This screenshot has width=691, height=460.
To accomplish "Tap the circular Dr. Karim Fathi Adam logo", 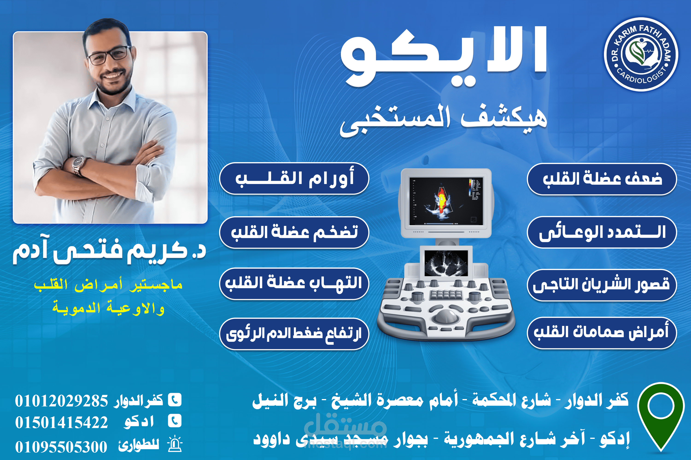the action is coord(641,54).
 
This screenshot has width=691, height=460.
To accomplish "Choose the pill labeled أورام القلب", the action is coord(294,178).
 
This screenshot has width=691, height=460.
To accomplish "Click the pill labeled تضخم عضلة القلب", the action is coord(294,232).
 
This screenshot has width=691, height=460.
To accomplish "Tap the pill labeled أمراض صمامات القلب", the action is coord(602,333).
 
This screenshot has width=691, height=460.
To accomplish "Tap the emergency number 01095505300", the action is coord(61,447).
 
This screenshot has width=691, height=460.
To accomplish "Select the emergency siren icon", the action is coord(175,444).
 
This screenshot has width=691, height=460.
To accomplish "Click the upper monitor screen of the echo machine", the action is coord(446,201).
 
